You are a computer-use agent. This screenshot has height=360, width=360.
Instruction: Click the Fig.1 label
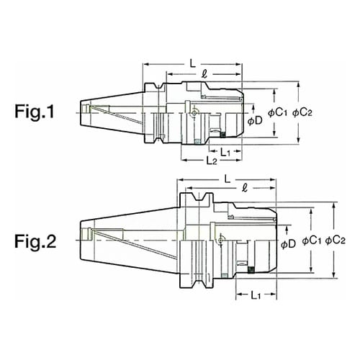(x=35, y=112)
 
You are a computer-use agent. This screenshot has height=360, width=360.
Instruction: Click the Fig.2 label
(x=35, y=241)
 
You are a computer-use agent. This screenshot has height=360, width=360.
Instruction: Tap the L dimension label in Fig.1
(x=193, y=63)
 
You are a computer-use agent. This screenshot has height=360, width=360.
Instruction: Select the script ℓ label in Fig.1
(x=204, y=74)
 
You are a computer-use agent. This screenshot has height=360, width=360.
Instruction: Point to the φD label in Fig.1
(x=255, y=121)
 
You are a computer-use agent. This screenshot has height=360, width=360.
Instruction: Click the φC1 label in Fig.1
(x=277, y=112)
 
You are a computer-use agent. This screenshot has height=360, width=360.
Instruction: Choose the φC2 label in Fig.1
(x=302, y=112)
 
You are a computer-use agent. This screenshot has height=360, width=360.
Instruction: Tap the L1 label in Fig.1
(x=225, y=152)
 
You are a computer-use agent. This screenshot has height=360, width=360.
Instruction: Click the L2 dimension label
(x=212, y=161)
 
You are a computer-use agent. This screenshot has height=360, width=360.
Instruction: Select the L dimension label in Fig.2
(x=227, y=179)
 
